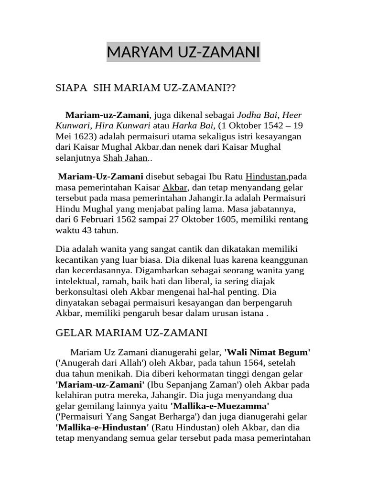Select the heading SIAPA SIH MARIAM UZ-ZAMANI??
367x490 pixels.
(147, 89)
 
